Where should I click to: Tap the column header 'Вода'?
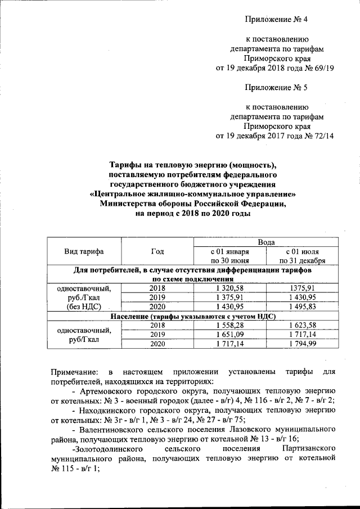coord(266,242)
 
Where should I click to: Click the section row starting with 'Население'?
coord(193,316)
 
